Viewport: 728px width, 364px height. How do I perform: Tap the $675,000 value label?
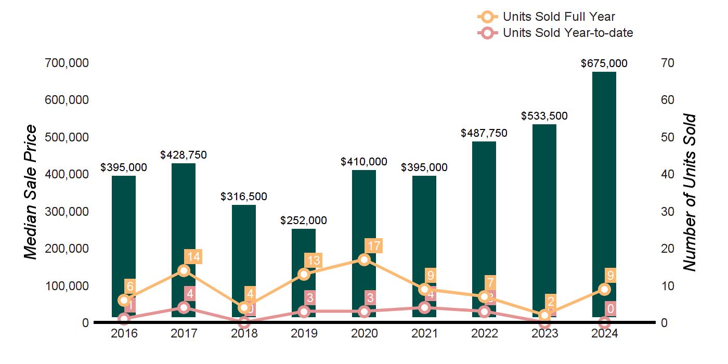pyautogui.click(x=604, y=63)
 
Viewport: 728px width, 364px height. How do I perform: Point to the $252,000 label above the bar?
pyautogui.click(x=304, y=220)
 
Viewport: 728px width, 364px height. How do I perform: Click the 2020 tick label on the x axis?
pyautogui.click(x=364, y=334)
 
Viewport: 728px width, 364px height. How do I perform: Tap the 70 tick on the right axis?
pyautogui.click(x=667, y=63)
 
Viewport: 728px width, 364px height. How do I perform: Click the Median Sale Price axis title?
pyautogui.click(x=31, y=192)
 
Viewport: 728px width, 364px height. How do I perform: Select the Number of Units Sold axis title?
pyautogui.click(x=690, y=192)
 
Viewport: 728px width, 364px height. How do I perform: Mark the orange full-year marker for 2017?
pyautogui.click(x=184, y=270)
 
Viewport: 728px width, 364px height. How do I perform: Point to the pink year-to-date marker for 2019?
pyautogui.click(x=304, y=311)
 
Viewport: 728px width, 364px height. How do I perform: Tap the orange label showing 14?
pyautogui.click(x=193, y=256)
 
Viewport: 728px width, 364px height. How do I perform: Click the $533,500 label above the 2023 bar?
pyautogui.click(x=544, y=116)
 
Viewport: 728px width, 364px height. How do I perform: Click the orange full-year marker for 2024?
pyautogui.click(x=604, y=289)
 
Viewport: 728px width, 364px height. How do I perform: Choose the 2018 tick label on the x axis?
pyautogui.click(x=244, y=334)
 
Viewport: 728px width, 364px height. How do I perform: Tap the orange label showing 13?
pyautogui.click(x=314, y=261)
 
